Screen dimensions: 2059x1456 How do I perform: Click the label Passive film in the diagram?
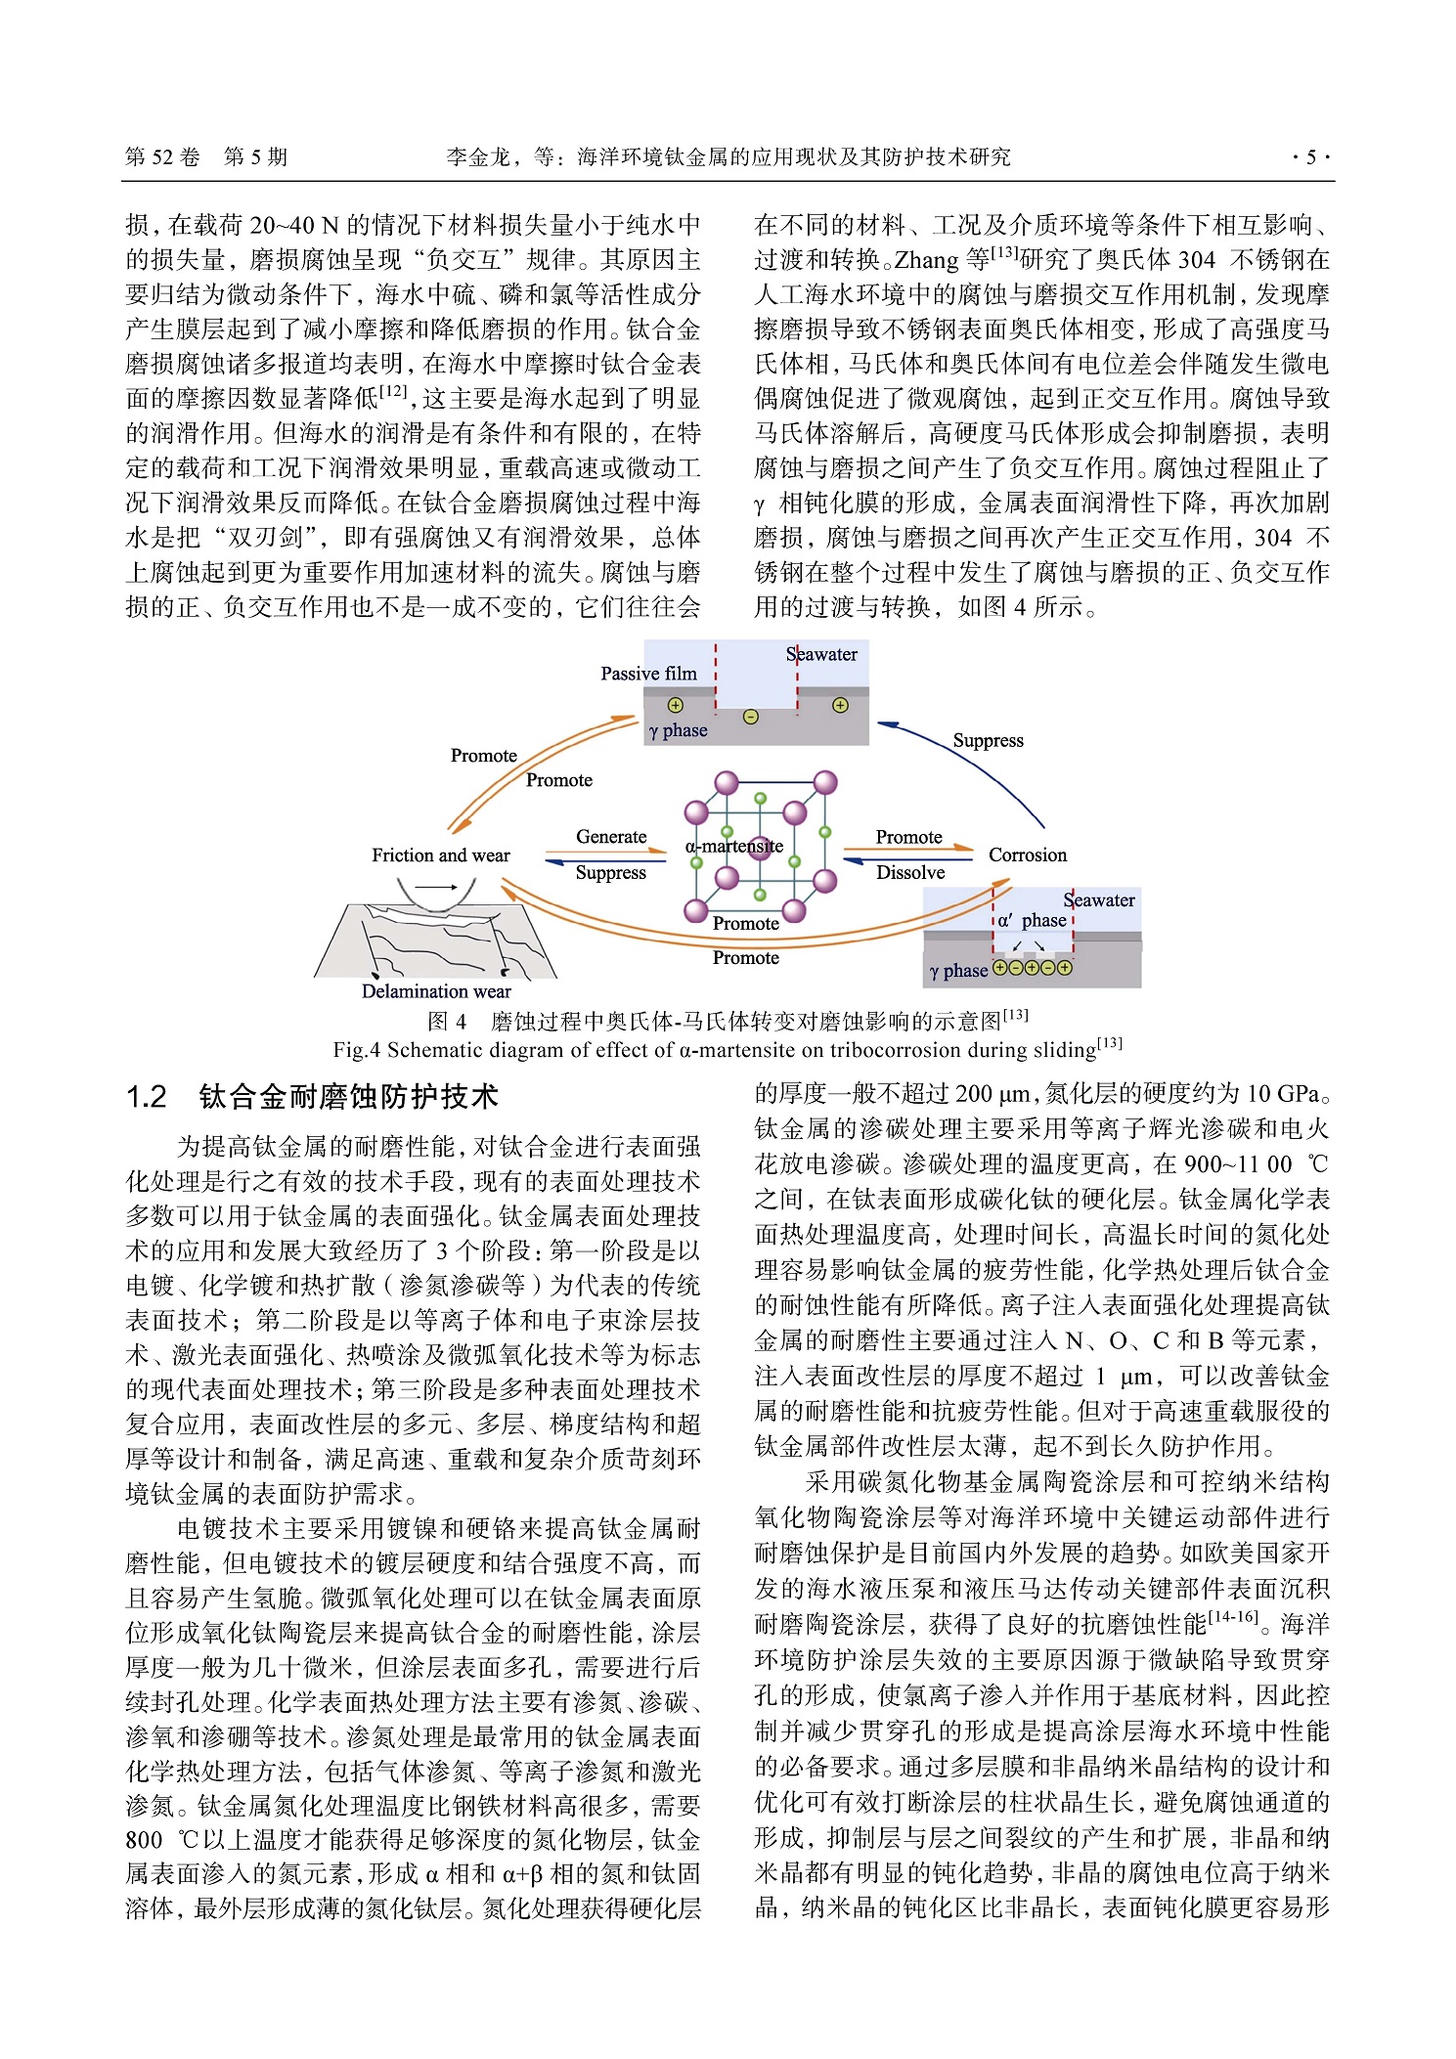point(648,674)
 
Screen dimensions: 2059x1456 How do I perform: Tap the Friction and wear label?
point(440,855)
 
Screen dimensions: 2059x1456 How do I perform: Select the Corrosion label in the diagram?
point(1027,855)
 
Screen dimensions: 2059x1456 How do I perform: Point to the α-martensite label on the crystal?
point(733,847)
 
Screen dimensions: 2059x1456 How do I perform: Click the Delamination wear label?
point(436,991)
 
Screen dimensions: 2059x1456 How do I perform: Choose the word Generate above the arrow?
point(610,837)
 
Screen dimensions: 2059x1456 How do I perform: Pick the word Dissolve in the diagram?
point(909,873)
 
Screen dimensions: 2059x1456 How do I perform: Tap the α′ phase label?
point(1032,920)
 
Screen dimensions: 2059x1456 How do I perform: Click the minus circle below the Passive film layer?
point(750,717)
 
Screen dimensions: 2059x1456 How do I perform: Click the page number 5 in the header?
point(1310,157)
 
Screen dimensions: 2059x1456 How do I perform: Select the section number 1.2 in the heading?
point(147,1097)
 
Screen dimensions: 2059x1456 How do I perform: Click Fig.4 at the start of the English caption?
point(357,1051)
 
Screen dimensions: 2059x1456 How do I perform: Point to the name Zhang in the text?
point(926,260)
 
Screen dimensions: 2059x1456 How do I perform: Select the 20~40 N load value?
point(293,226)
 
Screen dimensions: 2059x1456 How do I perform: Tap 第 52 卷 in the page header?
point(162,157)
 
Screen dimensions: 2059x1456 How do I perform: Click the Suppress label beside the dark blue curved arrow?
point(988,741)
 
